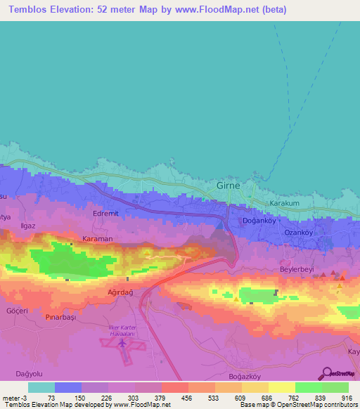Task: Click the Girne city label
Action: pos(227,186)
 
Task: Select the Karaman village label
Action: pos(97,239)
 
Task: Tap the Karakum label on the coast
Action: pos(285,204)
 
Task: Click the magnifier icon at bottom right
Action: pos(325,374)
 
